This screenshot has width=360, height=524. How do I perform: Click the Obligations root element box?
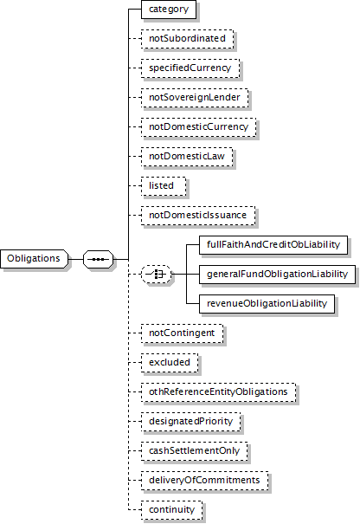(34, 259)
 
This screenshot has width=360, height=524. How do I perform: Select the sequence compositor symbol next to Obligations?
(98, 259)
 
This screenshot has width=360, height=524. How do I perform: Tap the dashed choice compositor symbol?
(157, 275)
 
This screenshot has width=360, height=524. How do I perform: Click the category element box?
(169, 9)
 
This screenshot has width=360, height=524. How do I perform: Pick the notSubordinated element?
(187, 39)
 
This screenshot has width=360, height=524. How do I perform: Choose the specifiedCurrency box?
(190, 68)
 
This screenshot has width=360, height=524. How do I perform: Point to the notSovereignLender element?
(195, 98)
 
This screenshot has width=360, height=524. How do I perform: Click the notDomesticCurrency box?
(199, 127)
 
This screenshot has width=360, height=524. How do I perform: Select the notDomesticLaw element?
(187, 157)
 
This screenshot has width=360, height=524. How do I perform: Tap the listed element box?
(164, 186)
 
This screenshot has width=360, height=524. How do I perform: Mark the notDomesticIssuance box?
(198, 215)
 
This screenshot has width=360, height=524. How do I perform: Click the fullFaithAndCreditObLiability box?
(273, 245)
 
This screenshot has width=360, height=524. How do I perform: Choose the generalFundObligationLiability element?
(278, 275)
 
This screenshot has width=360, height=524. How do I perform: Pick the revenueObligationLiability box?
(267, 304)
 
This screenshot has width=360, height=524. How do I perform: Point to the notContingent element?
(183, 333)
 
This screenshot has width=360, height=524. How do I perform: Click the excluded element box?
(170, 363)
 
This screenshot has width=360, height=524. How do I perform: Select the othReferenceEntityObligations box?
(219, 392)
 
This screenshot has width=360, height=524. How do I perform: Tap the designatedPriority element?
(191, 422)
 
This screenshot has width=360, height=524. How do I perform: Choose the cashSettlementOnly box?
(195, 451)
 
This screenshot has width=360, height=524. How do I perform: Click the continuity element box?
(172, 510)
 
